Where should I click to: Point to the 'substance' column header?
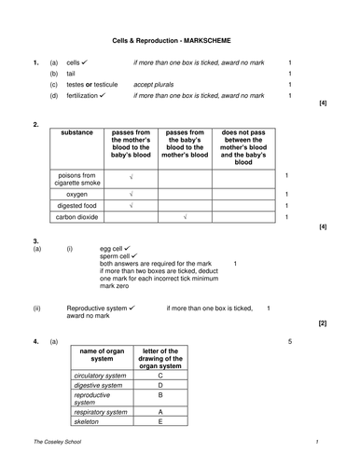[x=77, y=133]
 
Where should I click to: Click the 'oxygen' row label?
[x=77, y=194]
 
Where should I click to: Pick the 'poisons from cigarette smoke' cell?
[x=77, y=177]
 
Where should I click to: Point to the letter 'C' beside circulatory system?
[x=160, y=375]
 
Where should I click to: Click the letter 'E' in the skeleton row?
[x=160, y=420]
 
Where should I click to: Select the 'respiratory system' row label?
[x=101, y=411]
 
